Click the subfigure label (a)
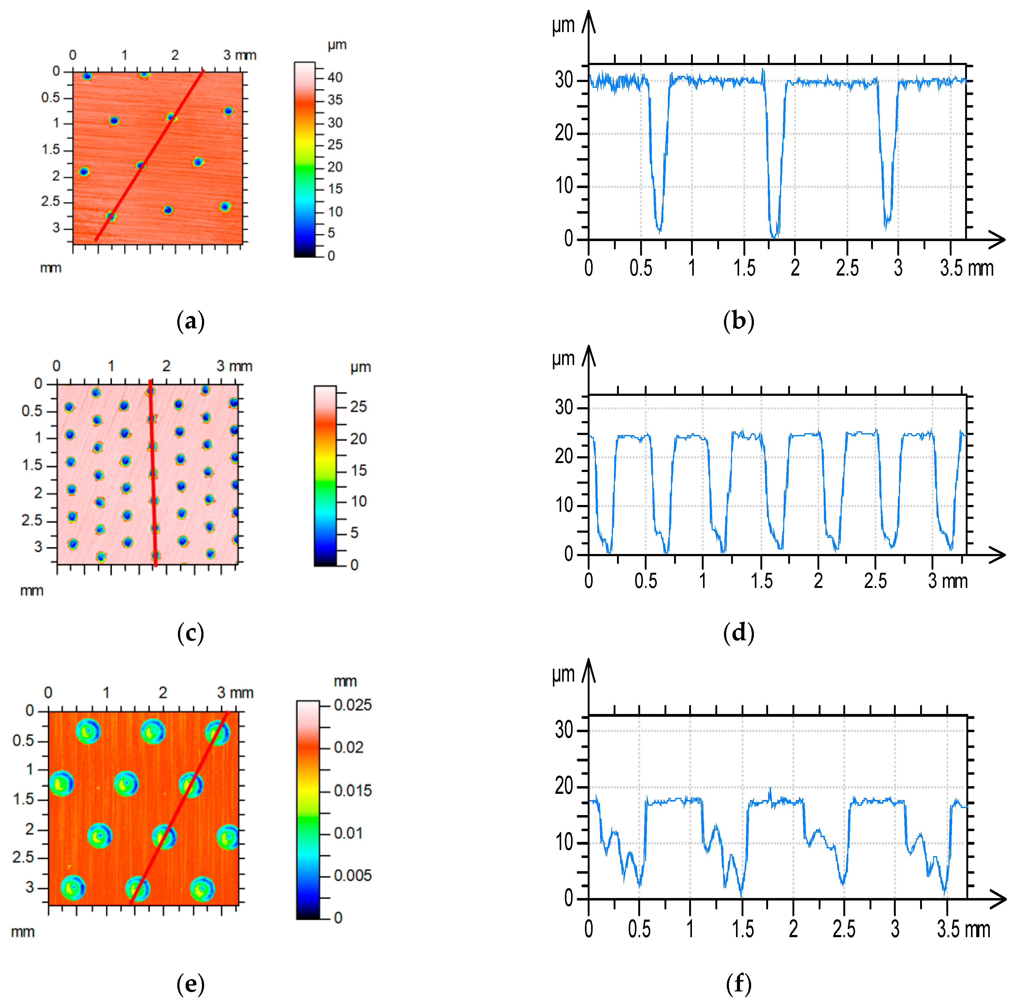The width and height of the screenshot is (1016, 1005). (190, 321)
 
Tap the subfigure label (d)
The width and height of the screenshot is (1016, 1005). (738, 633)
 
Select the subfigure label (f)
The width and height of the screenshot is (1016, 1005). (738, 983)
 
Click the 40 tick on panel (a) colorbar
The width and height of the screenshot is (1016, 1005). (335, 78)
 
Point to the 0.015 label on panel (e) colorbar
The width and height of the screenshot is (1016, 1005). (352, 790)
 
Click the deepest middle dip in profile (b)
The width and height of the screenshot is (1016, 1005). (774, 236)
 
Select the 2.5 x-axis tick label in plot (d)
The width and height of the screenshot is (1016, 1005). (875, 580)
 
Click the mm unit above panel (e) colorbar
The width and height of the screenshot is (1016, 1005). (345, 682)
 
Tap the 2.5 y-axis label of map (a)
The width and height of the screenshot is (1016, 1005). (51, 201)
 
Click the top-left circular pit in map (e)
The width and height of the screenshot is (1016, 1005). (88, 731)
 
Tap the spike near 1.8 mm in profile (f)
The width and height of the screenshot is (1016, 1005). (770, 792)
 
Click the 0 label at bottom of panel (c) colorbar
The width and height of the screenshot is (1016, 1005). (354, 565)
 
